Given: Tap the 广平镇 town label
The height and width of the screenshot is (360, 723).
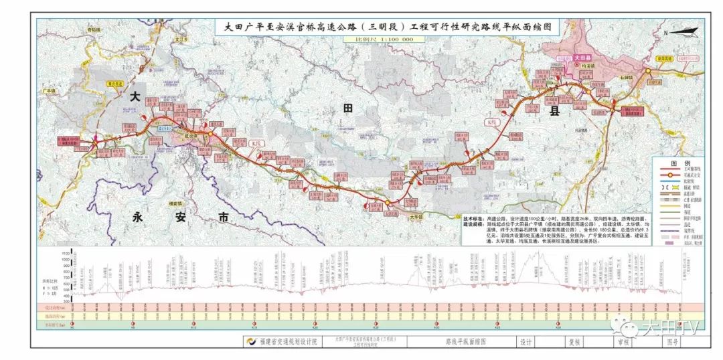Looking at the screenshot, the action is (48, 91).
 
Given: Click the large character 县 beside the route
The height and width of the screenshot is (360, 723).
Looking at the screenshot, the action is (554, 111).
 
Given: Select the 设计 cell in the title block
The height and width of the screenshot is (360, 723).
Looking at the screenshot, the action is (525, 340).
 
